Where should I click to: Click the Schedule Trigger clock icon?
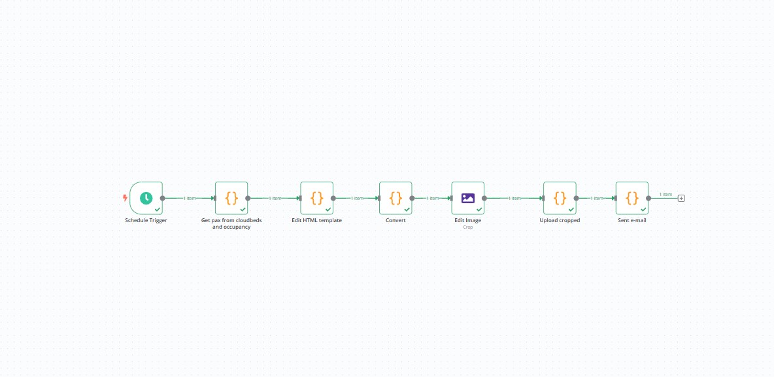146,198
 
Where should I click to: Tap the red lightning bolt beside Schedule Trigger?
125,198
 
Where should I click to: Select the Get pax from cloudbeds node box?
231,198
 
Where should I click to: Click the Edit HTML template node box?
317,198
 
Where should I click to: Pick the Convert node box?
395,198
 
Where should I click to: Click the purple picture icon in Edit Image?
468,198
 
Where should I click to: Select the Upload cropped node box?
560,198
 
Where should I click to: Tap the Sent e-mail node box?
632,198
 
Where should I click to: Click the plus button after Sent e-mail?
681,198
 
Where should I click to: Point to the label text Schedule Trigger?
146,220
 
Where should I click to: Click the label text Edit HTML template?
317,220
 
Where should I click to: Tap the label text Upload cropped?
560,220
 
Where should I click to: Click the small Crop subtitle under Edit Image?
468,227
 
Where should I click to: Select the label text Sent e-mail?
632,220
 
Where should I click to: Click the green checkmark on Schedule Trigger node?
158,210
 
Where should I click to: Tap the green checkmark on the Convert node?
407,210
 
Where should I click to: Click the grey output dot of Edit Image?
484,198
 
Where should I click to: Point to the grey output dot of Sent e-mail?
648,198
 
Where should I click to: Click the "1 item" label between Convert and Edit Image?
432,198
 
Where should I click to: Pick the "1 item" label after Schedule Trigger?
190,198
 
